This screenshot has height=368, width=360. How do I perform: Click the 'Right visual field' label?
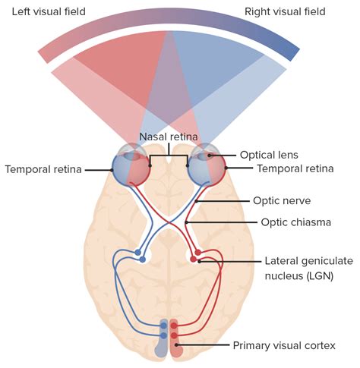tap(285, 11)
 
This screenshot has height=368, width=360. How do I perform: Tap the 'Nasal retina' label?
tap(168, 137)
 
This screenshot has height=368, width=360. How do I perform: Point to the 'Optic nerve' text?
tap(281, 202)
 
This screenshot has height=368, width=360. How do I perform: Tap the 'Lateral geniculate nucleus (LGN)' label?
tap(308, 267)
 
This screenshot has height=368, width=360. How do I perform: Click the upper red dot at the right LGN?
tap(198, 252)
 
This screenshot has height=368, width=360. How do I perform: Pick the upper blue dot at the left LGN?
tap(138, 252)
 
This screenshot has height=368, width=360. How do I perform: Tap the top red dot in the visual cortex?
tap(175, 325)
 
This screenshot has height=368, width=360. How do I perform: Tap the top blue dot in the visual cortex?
tap(163, 325)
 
